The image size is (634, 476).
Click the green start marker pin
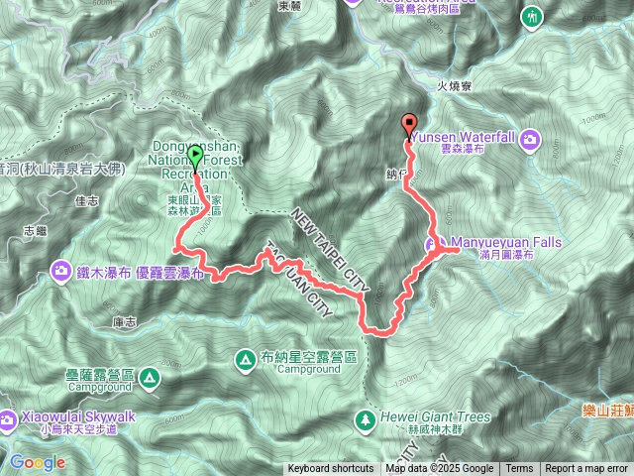[x=195, y=157]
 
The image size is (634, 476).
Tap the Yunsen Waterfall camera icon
[x=530, y=139]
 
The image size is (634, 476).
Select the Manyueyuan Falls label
[x=492, y=241]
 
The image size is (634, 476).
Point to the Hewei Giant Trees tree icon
[x=367, y=417]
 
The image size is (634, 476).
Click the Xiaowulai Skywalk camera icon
[x=9, y=417]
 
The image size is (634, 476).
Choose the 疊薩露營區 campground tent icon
[x=148, y=377]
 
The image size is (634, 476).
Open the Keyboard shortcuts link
[x=331, y=469]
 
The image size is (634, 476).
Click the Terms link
[x=519, y=469]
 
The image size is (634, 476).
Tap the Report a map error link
[x=587, y=469]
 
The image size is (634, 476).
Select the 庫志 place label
[x=124, y=321]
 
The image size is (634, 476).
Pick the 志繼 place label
[x=35, y=231]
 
